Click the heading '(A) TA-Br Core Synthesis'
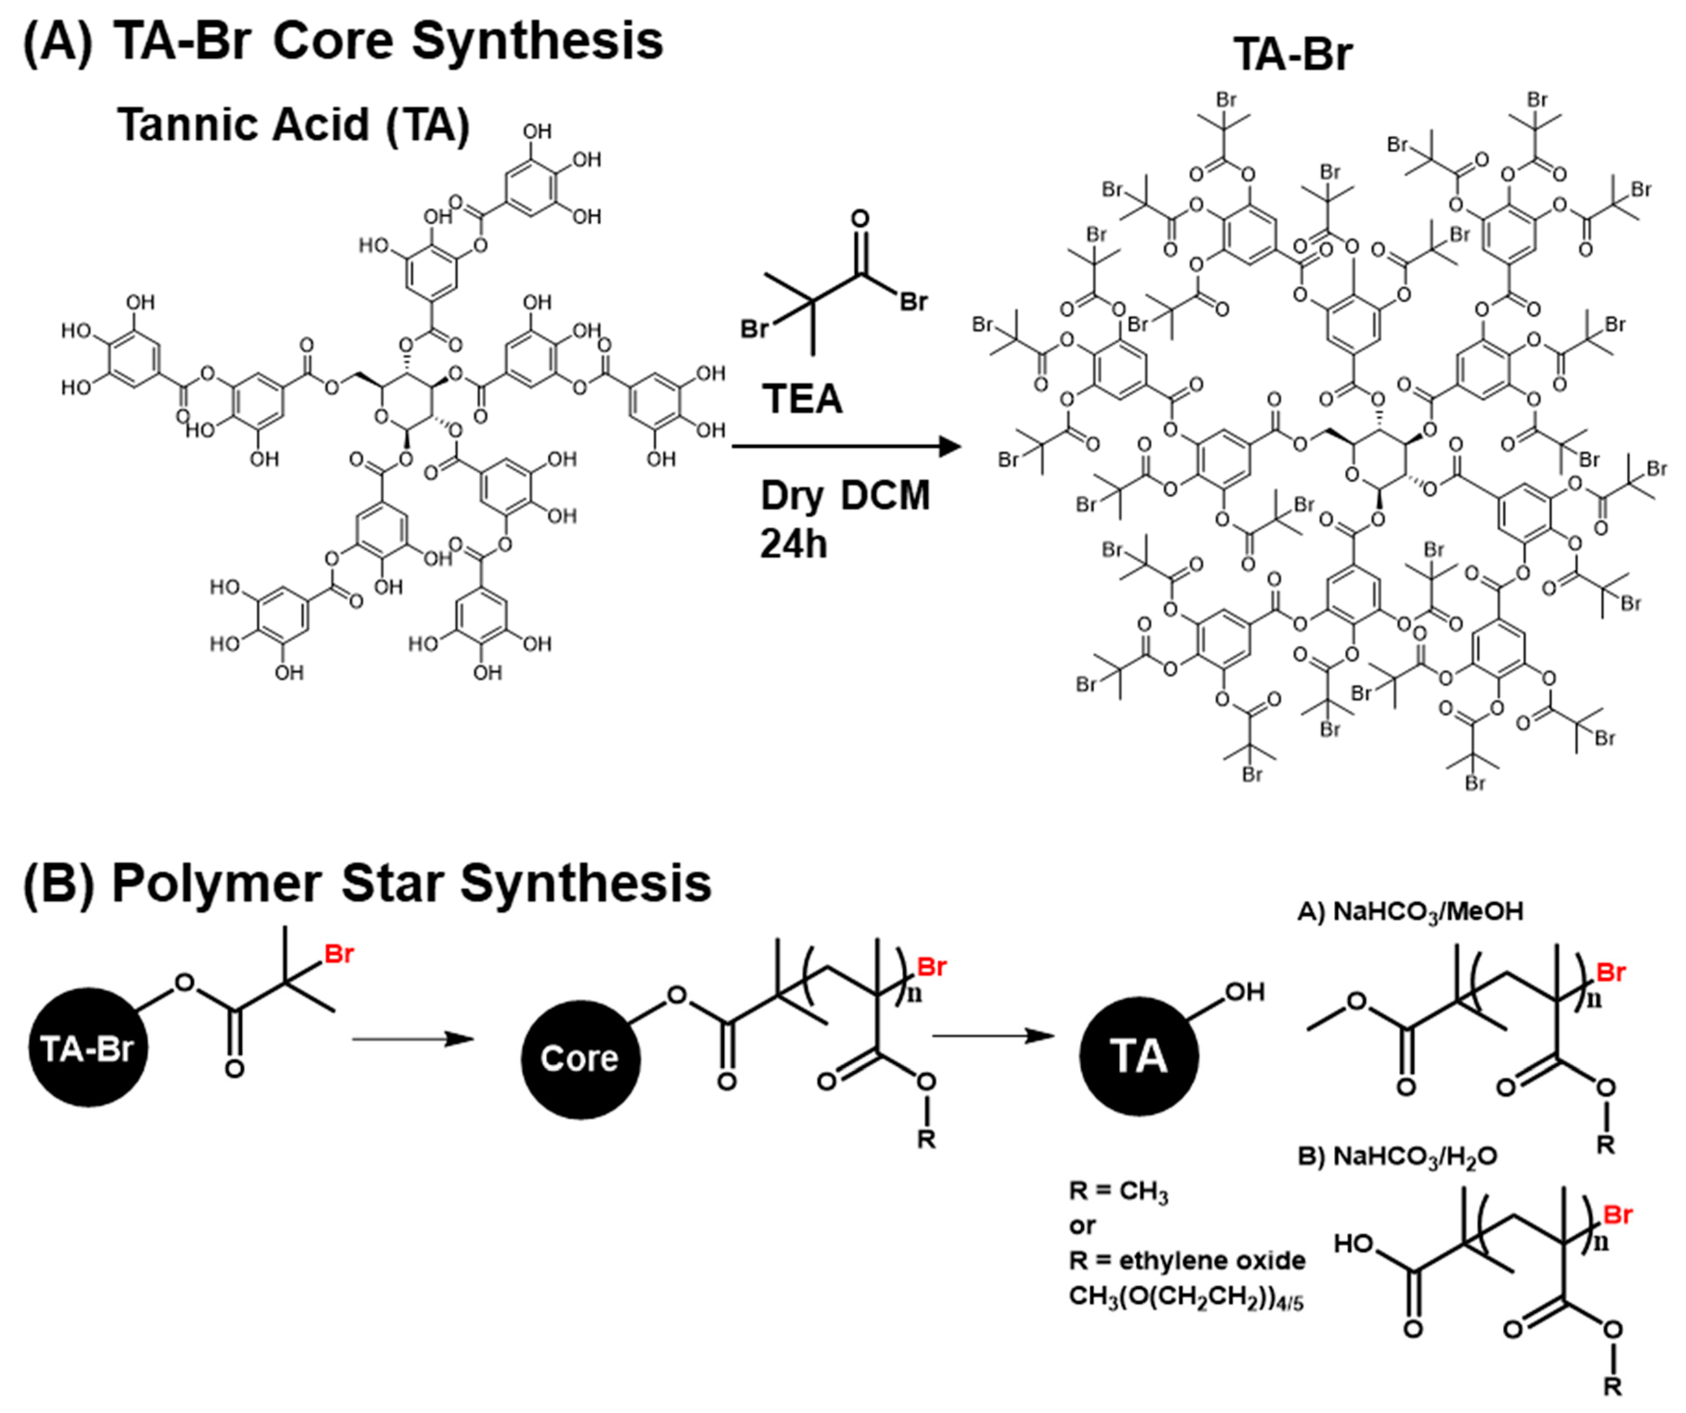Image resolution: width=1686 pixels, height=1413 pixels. click(x=344, y=42)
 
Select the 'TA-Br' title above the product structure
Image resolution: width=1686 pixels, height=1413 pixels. click(x=1292, y=55)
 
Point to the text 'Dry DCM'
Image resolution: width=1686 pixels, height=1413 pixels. click(x=845, y=495)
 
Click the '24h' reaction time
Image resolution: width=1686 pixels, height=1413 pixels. click(x=793, y=545)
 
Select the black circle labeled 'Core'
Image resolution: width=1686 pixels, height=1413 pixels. click(x=579, y=1058)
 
